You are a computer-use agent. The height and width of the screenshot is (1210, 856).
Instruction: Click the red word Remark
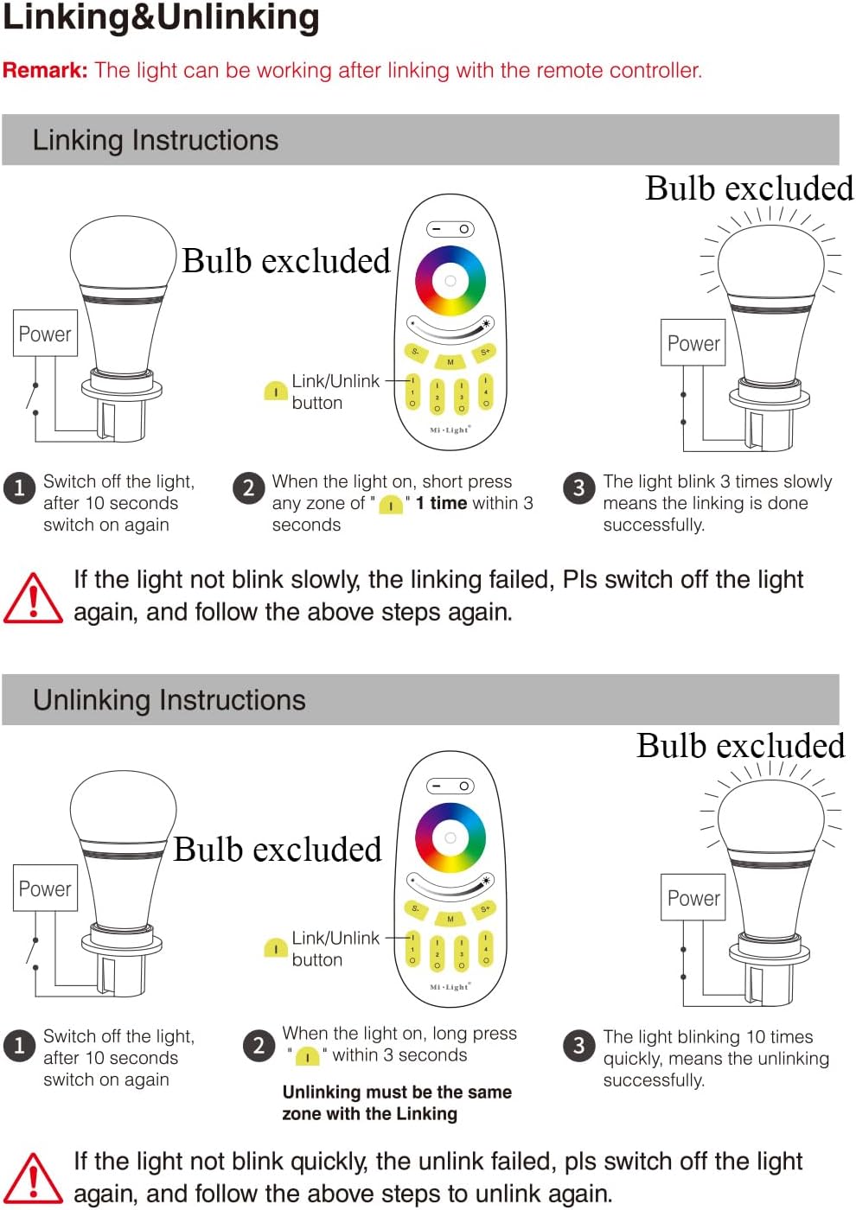tap(45, 70)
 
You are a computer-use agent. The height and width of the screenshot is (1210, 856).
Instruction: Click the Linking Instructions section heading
tap(156, 140)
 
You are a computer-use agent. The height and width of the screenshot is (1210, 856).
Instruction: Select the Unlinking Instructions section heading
tap(169, 700)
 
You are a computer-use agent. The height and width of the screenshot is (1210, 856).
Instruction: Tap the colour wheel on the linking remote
tap(450, 281)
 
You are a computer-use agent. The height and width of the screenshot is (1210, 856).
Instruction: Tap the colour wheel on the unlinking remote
tap(450, 837)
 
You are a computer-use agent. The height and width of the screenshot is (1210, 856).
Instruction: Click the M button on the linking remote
tap(450, 362)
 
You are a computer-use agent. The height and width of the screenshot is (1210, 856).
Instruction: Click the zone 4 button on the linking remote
tap(485, 392)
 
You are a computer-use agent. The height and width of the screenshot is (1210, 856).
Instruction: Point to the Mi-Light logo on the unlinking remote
tap(450, 987)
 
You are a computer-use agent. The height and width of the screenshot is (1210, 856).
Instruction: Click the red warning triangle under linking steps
tap(33, 598)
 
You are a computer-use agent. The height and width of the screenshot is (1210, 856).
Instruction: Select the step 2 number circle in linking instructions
tap(249, 488)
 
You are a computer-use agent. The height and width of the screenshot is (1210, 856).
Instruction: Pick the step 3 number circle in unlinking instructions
tap(578, 1045)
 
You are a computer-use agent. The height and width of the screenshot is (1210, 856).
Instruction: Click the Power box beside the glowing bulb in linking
tap(693, 342)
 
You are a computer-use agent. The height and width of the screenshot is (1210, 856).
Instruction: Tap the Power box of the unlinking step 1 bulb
tap(45, 888)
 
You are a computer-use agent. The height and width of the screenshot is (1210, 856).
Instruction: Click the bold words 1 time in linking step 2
tap(441, 503)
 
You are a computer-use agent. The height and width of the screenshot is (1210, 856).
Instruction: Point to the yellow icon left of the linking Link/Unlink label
tap(276, 391)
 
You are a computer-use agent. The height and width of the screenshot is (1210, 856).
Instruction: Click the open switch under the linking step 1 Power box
tap(32, 398)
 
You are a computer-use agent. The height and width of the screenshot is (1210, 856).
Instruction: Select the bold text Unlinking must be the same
tap(397, 1092)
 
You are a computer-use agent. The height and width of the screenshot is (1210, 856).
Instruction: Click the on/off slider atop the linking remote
tap(450, 229)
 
